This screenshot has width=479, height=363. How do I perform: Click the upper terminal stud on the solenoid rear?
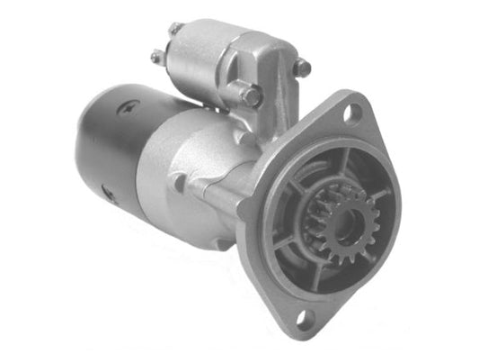click(x=176, y=30)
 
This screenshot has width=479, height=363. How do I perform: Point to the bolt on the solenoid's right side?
click(x=303, y=67)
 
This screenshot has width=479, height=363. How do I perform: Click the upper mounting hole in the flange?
click(x=352, y=113)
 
